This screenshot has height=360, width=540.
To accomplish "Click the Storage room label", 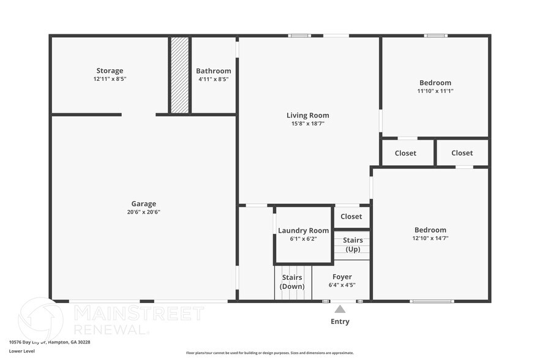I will [110, 70].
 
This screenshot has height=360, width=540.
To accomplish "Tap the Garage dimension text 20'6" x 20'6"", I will [143, 212].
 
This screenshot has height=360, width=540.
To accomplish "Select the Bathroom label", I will [213, 70].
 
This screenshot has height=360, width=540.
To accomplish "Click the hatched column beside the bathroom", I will [179, 75].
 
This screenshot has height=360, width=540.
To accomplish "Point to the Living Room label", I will [307, 115].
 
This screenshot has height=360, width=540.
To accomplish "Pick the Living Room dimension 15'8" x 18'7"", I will [307, 124].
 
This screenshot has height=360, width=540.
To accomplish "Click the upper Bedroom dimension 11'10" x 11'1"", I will [435, 91].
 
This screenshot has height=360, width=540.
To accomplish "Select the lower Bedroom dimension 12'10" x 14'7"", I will [430, 239].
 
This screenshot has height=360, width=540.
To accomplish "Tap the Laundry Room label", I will [303, 231].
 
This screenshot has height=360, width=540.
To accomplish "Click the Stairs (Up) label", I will [352, 245].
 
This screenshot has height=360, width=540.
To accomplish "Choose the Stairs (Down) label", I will [292, 282].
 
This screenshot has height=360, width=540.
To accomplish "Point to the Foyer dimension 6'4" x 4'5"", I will [342, 285].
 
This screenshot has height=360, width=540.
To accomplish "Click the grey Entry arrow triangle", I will [340, 309].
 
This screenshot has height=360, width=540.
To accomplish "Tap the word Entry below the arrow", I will [340, 321].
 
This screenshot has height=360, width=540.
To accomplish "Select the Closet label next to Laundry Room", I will [351, 217].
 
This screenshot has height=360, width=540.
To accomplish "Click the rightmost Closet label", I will [462, 153].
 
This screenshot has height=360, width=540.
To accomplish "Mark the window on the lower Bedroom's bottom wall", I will [432, 301].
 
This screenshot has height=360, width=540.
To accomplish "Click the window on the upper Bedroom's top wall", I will [435, 36].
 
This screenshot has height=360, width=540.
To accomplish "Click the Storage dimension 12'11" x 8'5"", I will [110, 79].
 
